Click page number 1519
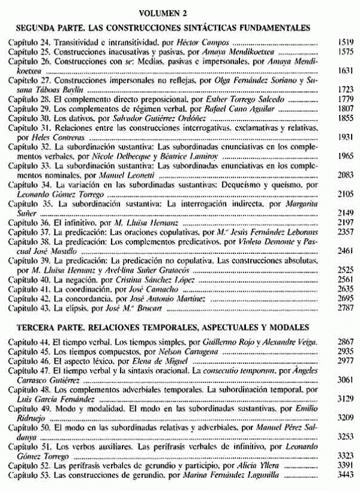click(343, 44)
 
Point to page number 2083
click(343, 172)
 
